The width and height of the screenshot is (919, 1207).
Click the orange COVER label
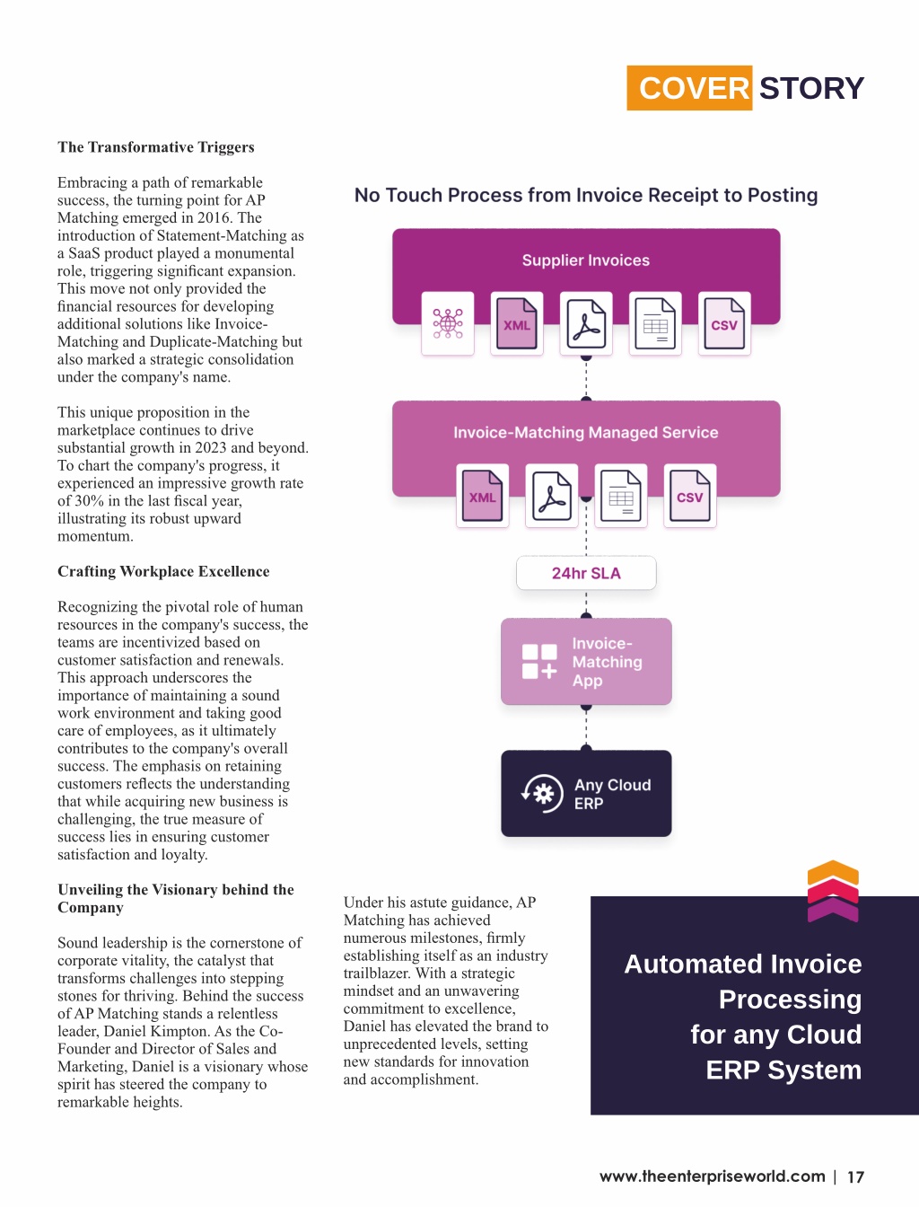[x=689, y=88]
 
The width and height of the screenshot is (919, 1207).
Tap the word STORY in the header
[x=811, y=89]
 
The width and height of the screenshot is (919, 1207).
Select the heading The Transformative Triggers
[x=156, y=147]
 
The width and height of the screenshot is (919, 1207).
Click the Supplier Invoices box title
[x=585, y=260]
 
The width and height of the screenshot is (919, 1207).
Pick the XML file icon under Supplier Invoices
[x=517, y=323]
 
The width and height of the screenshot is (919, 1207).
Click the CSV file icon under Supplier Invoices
[x=724, y=323]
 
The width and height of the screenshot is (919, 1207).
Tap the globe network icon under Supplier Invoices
[x=448, y=323]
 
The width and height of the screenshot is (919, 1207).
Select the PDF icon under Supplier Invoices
[x=586, y=323]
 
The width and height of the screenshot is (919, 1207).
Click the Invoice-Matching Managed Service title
[x=585, y=433]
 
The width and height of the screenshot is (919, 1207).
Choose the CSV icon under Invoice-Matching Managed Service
[x=690, y=496]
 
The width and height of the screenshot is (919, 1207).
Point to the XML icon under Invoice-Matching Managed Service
[x=482, y=496]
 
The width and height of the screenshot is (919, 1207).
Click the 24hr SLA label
[x=586, y=573]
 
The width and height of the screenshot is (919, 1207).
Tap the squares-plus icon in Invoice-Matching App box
[x=538, y=662]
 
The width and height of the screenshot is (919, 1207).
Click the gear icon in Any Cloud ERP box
[x=543, y=794]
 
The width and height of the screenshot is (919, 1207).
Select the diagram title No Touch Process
[x=586, y=195]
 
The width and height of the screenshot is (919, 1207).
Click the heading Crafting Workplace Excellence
[x=163, y=571]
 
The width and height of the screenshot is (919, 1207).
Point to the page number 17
[x=855, y=1176]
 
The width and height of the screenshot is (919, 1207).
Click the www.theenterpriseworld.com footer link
[x=712, y=1176]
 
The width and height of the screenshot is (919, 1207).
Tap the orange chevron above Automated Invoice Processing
[x=833, y=873]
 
